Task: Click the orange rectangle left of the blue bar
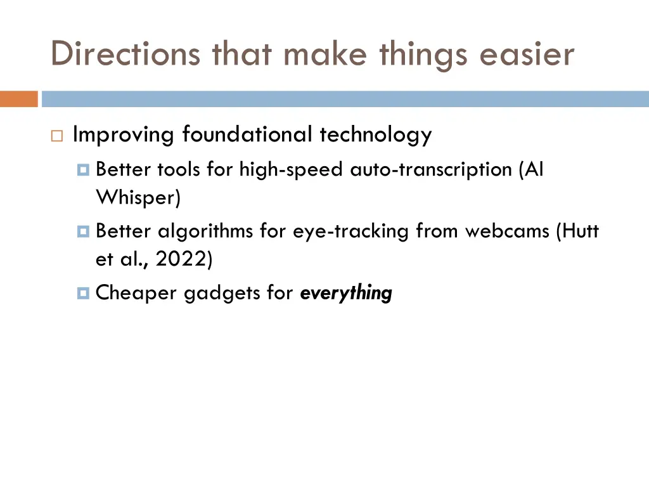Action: pos(19,99)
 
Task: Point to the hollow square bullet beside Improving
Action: pos(56,136)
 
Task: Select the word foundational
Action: pos(247,134)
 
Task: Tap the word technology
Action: pos(376,134)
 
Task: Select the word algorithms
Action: pos(207,231)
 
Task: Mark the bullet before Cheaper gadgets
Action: pos(84,294)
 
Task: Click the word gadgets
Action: pos(215,294)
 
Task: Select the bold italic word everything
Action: pos(346,294)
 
